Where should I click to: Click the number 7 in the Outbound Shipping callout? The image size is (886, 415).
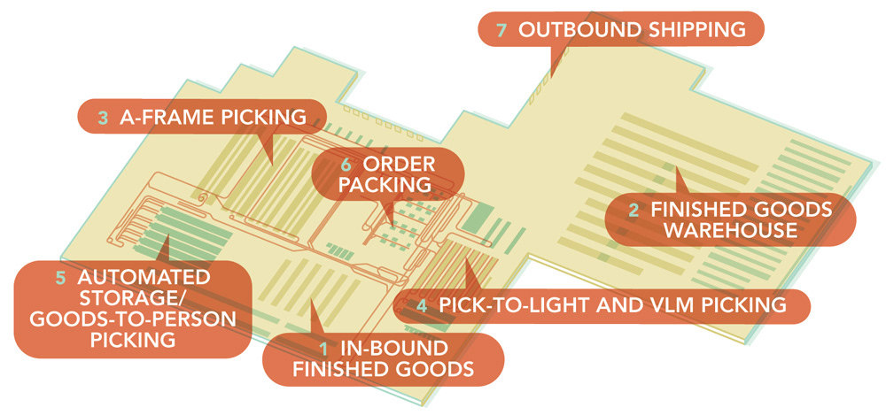tap(501, 29)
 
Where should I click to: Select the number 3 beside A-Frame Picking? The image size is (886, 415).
tap(103, 116)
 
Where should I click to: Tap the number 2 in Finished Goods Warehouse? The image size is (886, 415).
tap(633, 211)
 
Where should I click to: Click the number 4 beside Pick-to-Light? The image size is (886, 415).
tap(422, 306)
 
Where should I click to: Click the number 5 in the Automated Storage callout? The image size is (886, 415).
tap(60, 277)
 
